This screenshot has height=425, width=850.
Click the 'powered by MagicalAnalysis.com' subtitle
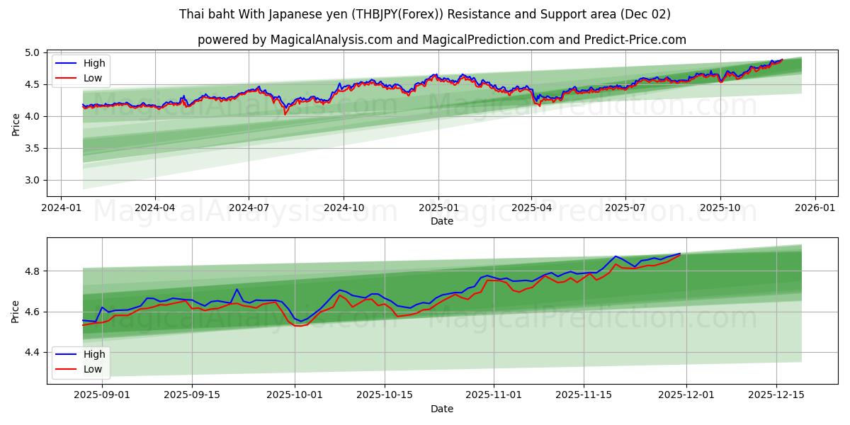[x=441, y=40]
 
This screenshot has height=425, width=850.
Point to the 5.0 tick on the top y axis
[x=33, y=52]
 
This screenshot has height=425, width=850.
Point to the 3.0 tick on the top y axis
[x=33, y=180]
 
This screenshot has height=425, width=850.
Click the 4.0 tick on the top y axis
[x=33, y=116]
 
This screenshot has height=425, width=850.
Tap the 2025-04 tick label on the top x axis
[x=531, y=209]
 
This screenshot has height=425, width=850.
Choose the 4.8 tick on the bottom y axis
[x=33, y=271]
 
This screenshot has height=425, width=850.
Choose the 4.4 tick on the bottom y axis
[x=33, y=352]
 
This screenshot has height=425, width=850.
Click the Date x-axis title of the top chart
[x=441, y=222]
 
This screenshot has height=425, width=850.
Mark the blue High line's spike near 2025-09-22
[x=237, y=289]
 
